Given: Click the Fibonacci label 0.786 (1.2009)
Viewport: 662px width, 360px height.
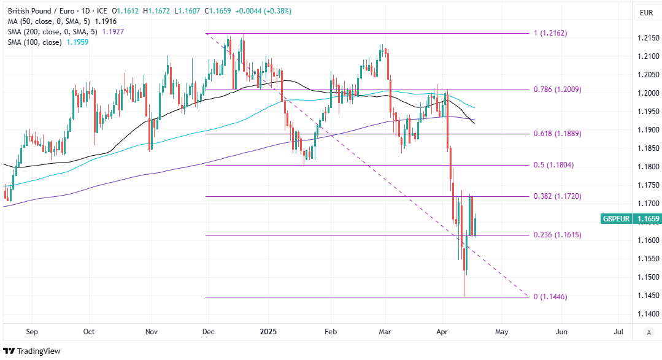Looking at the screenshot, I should click(556, 90).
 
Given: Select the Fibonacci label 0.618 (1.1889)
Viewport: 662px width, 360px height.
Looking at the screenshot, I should click(556, 134).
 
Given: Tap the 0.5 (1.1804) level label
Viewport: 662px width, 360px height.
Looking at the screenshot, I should click(554, 166).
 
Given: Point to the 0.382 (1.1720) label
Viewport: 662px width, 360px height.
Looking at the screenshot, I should click(556, 196).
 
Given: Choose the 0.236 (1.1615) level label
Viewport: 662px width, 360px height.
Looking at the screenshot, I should click(556, 235).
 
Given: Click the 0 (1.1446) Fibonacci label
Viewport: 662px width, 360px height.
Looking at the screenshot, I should click(550, 297).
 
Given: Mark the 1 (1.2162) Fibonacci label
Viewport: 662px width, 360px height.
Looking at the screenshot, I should click(550, 33).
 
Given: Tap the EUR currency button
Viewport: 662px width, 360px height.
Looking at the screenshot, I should click(646, 12).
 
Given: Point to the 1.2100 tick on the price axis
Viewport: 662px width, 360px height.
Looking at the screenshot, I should click(648, 56).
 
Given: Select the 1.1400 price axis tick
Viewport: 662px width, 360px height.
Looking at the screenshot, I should click(648, 314).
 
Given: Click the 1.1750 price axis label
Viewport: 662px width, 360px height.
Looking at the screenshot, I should click(648, 185).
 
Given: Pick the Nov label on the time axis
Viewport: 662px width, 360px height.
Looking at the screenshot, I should click(151, 332).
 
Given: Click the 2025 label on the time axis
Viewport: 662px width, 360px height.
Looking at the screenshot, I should click(267, 332).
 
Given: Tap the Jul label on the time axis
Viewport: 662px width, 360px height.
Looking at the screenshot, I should click(618, 332).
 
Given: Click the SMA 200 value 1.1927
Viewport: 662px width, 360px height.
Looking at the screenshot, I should click(112, 31).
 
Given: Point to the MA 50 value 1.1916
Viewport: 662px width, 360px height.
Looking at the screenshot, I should click(106, 21).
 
